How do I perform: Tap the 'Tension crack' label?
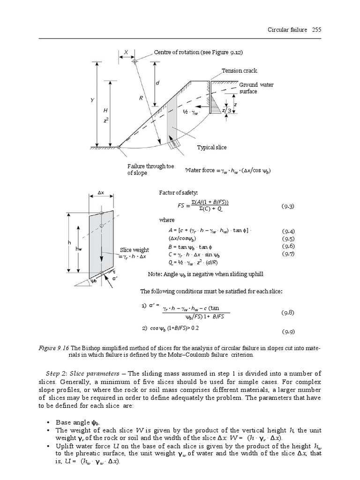(240, 71)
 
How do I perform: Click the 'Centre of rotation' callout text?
(198, 52)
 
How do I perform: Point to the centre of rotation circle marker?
(135, 60)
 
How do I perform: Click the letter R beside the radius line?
(141, 98)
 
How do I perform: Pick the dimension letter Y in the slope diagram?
(92, 100)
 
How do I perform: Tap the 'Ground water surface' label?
(256, 88)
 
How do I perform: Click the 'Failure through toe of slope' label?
(147, 170)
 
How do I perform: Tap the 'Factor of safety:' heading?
(179, 193)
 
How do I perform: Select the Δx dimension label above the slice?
(100, 193)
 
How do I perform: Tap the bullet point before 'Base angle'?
(49, 423)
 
